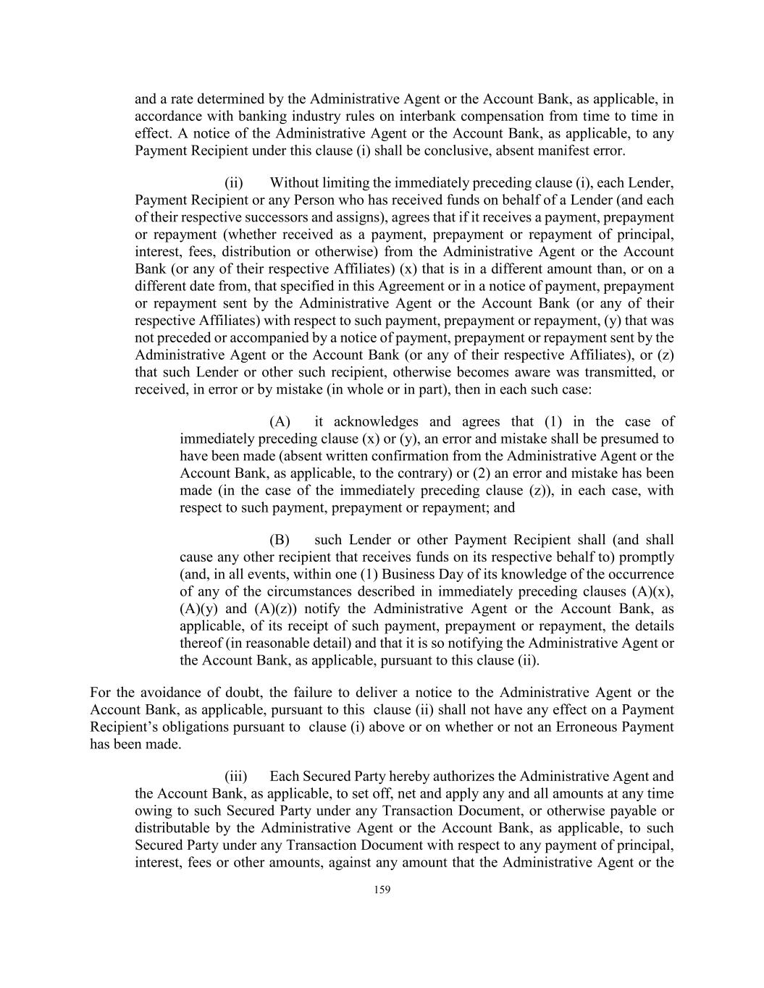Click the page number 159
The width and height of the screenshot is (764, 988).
point(382,890)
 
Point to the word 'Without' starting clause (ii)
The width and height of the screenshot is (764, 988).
point(294,182)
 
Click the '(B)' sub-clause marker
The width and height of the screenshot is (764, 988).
point(280,540)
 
